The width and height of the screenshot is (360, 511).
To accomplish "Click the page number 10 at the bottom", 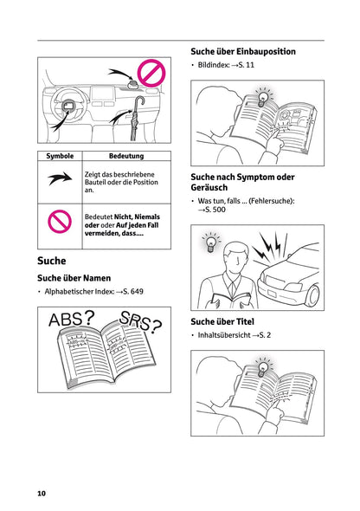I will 42,494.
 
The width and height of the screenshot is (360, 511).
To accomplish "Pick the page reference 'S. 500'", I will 211,209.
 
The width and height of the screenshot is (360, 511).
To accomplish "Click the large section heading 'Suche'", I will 53,259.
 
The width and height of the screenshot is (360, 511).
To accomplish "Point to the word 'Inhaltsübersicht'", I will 222,335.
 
